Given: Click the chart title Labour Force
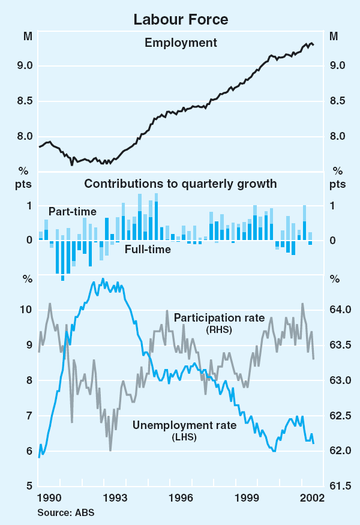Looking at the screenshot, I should click(x=181, y=19).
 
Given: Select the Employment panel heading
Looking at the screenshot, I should click(x=181, y=42).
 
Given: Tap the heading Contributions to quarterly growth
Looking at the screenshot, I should click(x=181, y=184).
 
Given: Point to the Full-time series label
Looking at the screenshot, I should click(x=148, y=248).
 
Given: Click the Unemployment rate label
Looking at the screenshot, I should click(x=184, y=425).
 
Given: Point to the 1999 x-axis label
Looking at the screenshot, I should click(x=247, y=498).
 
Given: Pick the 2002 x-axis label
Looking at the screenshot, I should click(x=313, y=498).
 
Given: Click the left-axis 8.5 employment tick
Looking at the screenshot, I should click(x=24, y=101).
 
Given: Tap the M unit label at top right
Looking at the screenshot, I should click(x=334, y=36).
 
